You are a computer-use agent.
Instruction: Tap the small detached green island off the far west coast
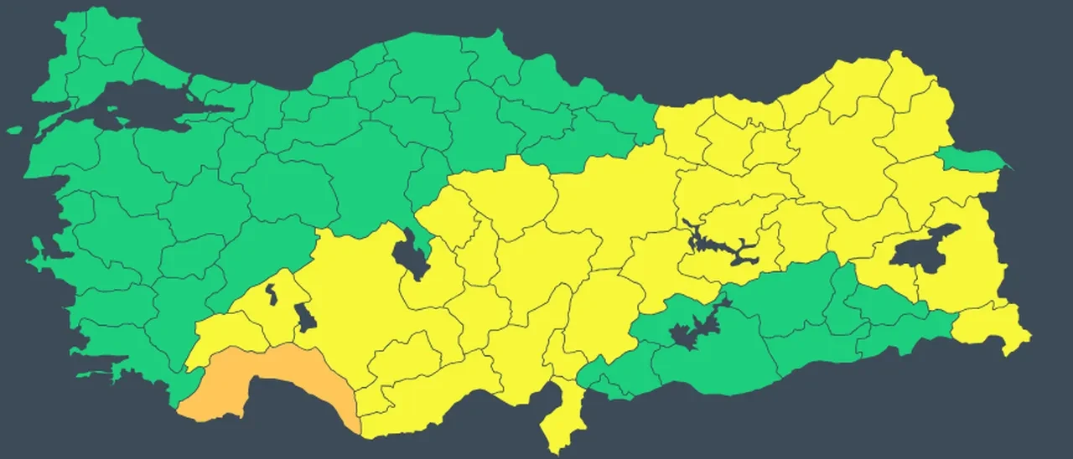pyautogui.click(x=14, y=130)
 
